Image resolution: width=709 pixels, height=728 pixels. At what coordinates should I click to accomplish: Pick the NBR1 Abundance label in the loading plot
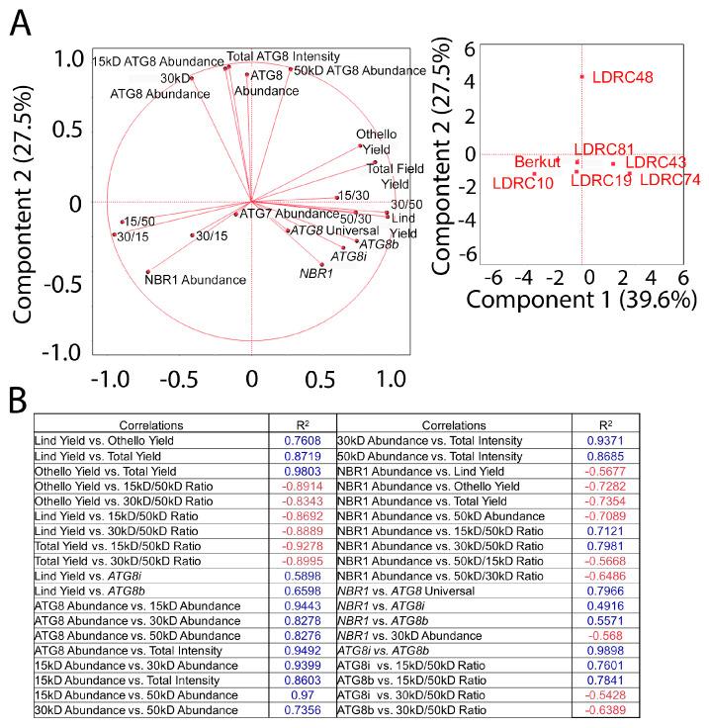coord(195,280)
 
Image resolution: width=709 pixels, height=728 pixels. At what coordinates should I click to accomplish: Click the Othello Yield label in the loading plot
coord(379,142)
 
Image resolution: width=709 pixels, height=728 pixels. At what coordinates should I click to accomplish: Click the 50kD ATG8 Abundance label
coord(360,71)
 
